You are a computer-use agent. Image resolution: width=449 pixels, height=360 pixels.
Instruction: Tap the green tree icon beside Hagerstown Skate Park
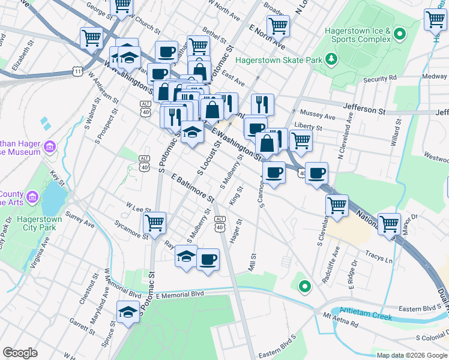(330, 59)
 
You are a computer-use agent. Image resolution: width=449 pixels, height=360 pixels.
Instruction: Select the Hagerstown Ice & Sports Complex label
(358, 35)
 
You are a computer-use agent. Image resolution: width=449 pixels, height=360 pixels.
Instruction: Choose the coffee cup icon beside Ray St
(208, 260)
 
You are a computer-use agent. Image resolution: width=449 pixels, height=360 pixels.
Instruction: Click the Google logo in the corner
(20, 353)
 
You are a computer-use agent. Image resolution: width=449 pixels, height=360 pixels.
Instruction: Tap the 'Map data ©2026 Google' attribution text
(411, 355)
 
